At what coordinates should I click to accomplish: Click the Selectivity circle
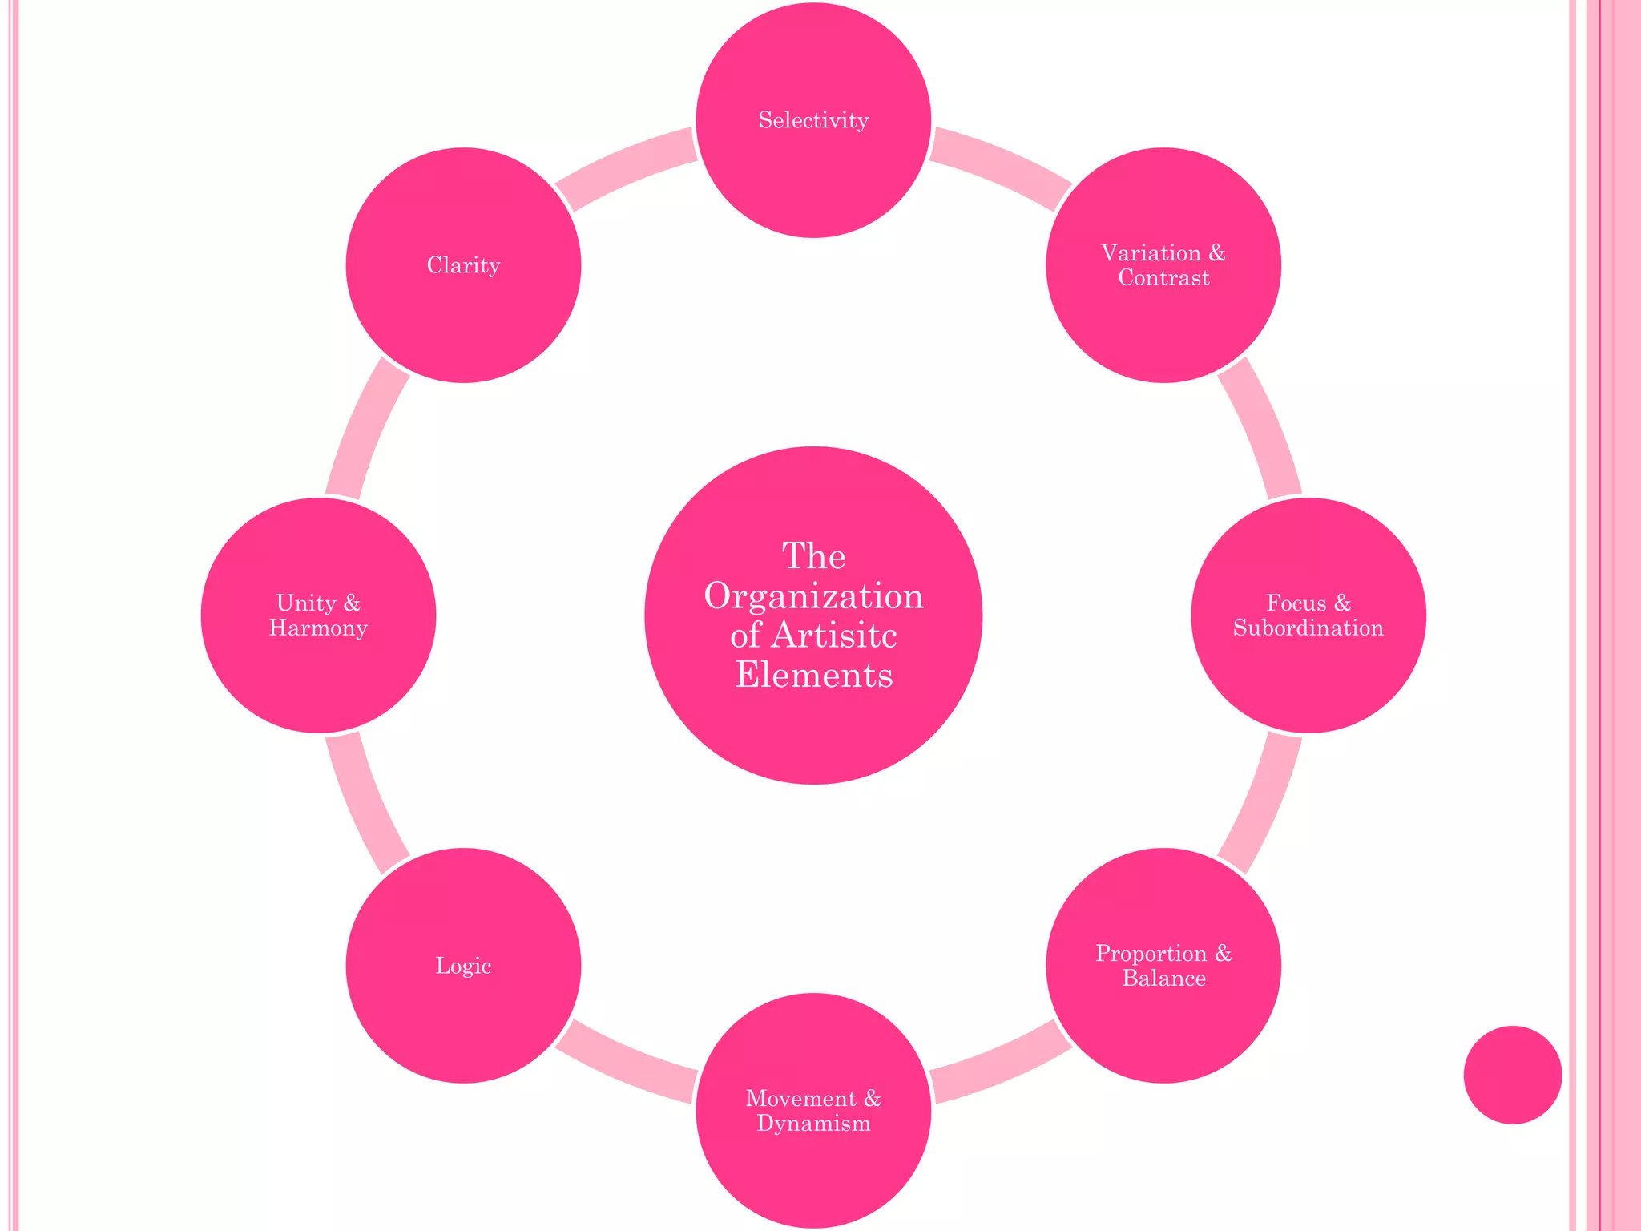point(813,120)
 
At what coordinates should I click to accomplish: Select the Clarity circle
point(463,265)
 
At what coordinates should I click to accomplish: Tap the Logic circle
point(463,966)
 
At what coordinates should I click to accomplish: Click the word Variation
point(1151,253)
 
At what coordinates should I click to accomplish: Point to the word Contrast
point(1163,278)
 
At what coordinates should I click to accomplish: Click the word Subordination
point(1308,628)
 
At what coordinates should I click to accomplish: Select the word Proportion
point(1151,954)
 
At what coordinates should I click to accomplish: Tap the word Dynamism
point(813,1124)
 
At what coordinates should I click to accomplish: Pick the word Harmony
point(318,628)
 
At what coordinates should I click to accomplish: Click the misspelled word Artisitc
point(833,636)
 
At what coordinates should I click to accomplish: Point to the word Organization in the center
point(813,596)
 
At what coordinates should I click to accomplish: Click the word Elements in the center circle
point(813,675)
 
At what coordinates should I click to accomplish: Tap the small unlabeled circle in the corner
point(1512,1075)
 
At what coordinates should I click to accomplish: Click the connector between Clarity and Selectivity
point(625,169)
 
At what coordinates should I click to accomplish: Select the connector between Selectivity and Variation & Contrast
point(1002,169)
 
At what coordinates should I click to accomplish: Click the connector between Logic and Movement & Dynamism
point(625,1063)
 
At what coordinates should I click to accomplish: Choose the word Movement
point(800,1099)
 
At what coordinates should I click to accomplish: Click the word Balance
point(1163,979)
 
